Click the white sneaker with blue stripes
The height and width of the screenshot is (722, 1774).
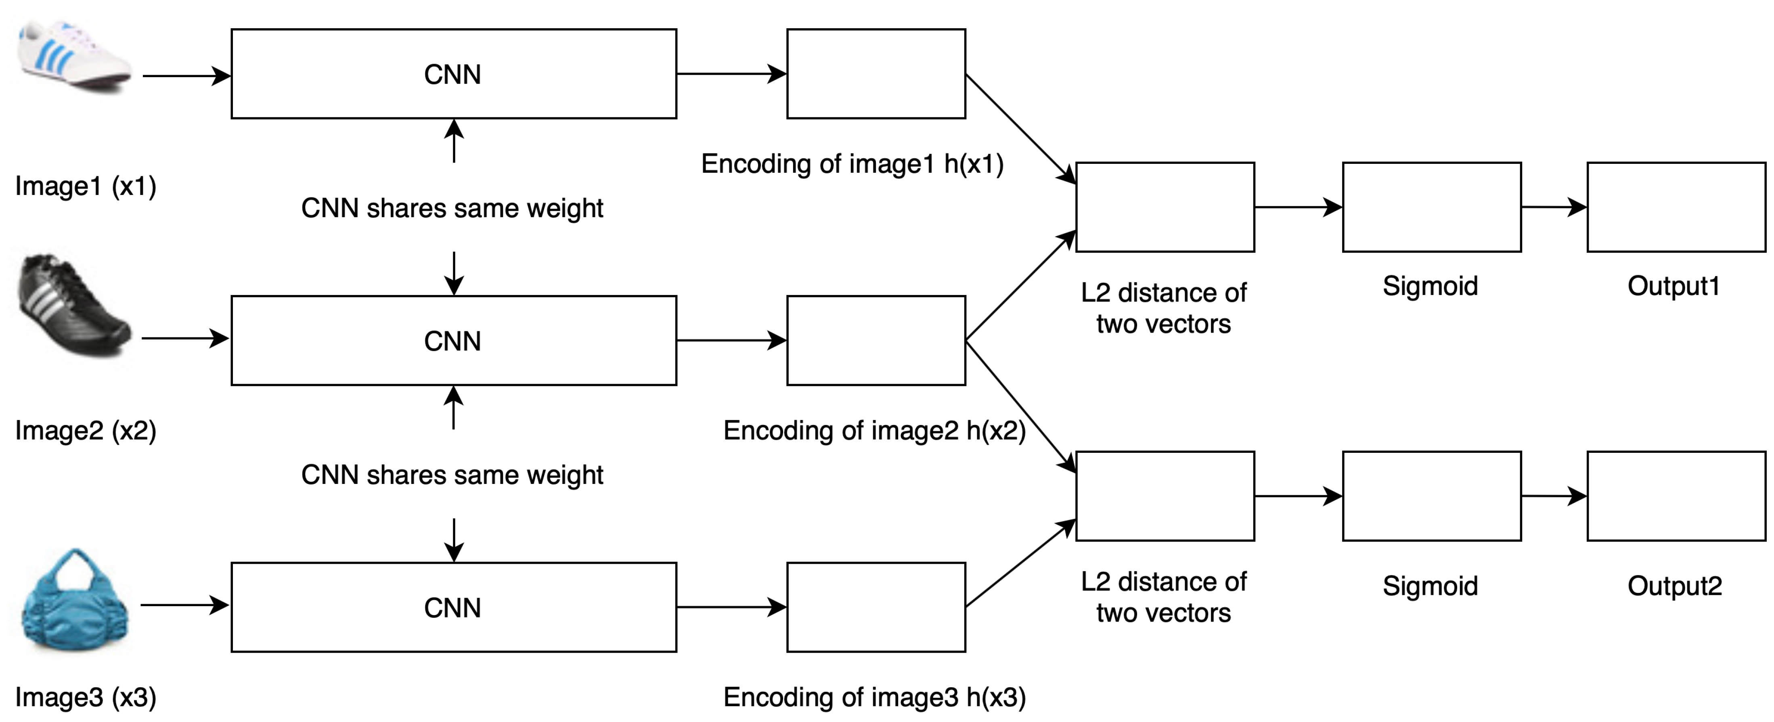pos(74,57)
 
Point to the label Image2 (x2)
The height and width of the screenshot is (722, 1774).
pos(86,431)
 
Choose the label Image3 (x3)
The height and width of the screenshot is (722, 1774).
pos(86,697)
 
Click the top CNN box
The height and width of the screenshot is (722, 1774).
pos(453,73)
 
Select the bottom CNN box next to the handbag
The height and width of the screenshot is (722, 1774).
pos(453,607)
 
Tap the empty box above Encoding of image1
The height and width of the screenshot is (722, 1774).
pos(876,73)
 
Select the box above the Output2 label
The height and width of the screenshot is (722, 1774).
pos(1676,496)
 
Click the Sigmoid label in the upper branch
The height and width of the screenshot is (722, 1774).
pos(1431,286)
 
